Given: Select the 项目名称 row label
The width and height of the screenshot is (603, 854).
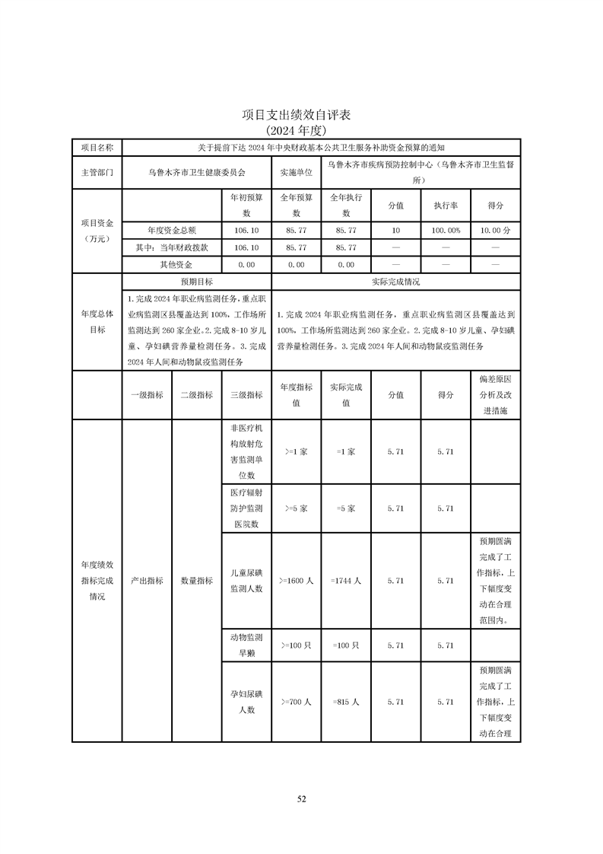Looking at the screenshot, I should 97,147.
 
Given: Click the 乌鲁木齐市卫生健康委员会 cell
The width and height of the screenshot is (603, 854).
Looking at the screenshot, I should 196,172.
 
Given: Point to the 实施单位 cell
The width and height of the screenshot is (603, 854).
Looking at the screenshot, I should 296,172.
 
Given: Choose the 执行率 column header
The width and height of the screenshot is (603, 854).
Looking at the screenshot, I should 446,206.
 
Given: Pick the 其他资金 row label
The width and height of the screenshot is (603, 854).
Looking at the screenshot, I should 171,265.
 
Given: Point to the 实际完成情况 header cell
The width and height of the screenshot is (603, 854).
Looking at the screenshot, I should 395,282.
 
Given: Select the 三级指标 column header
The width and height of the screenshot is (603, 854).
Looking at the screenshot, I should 246,394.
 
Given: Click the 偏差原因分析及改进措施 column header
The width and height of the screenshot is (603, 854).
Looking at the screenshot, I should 496,394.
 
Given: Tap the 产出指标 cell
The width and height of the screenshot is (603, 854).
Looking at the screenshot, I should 147,580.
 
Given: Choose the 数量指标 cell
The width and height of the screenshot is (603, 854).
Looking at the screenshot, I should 196,580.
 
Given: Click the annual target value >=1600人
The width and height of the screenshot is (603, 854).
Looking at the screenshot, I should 296,581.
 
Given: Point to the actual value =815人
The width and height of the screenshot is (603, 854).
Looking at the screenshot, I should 345,703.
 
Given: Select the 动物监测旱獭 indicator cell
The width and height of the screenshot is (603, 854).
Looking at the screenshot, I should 246,645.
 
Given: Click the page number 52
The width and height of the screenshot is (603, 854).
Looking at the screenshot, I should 301,798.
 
